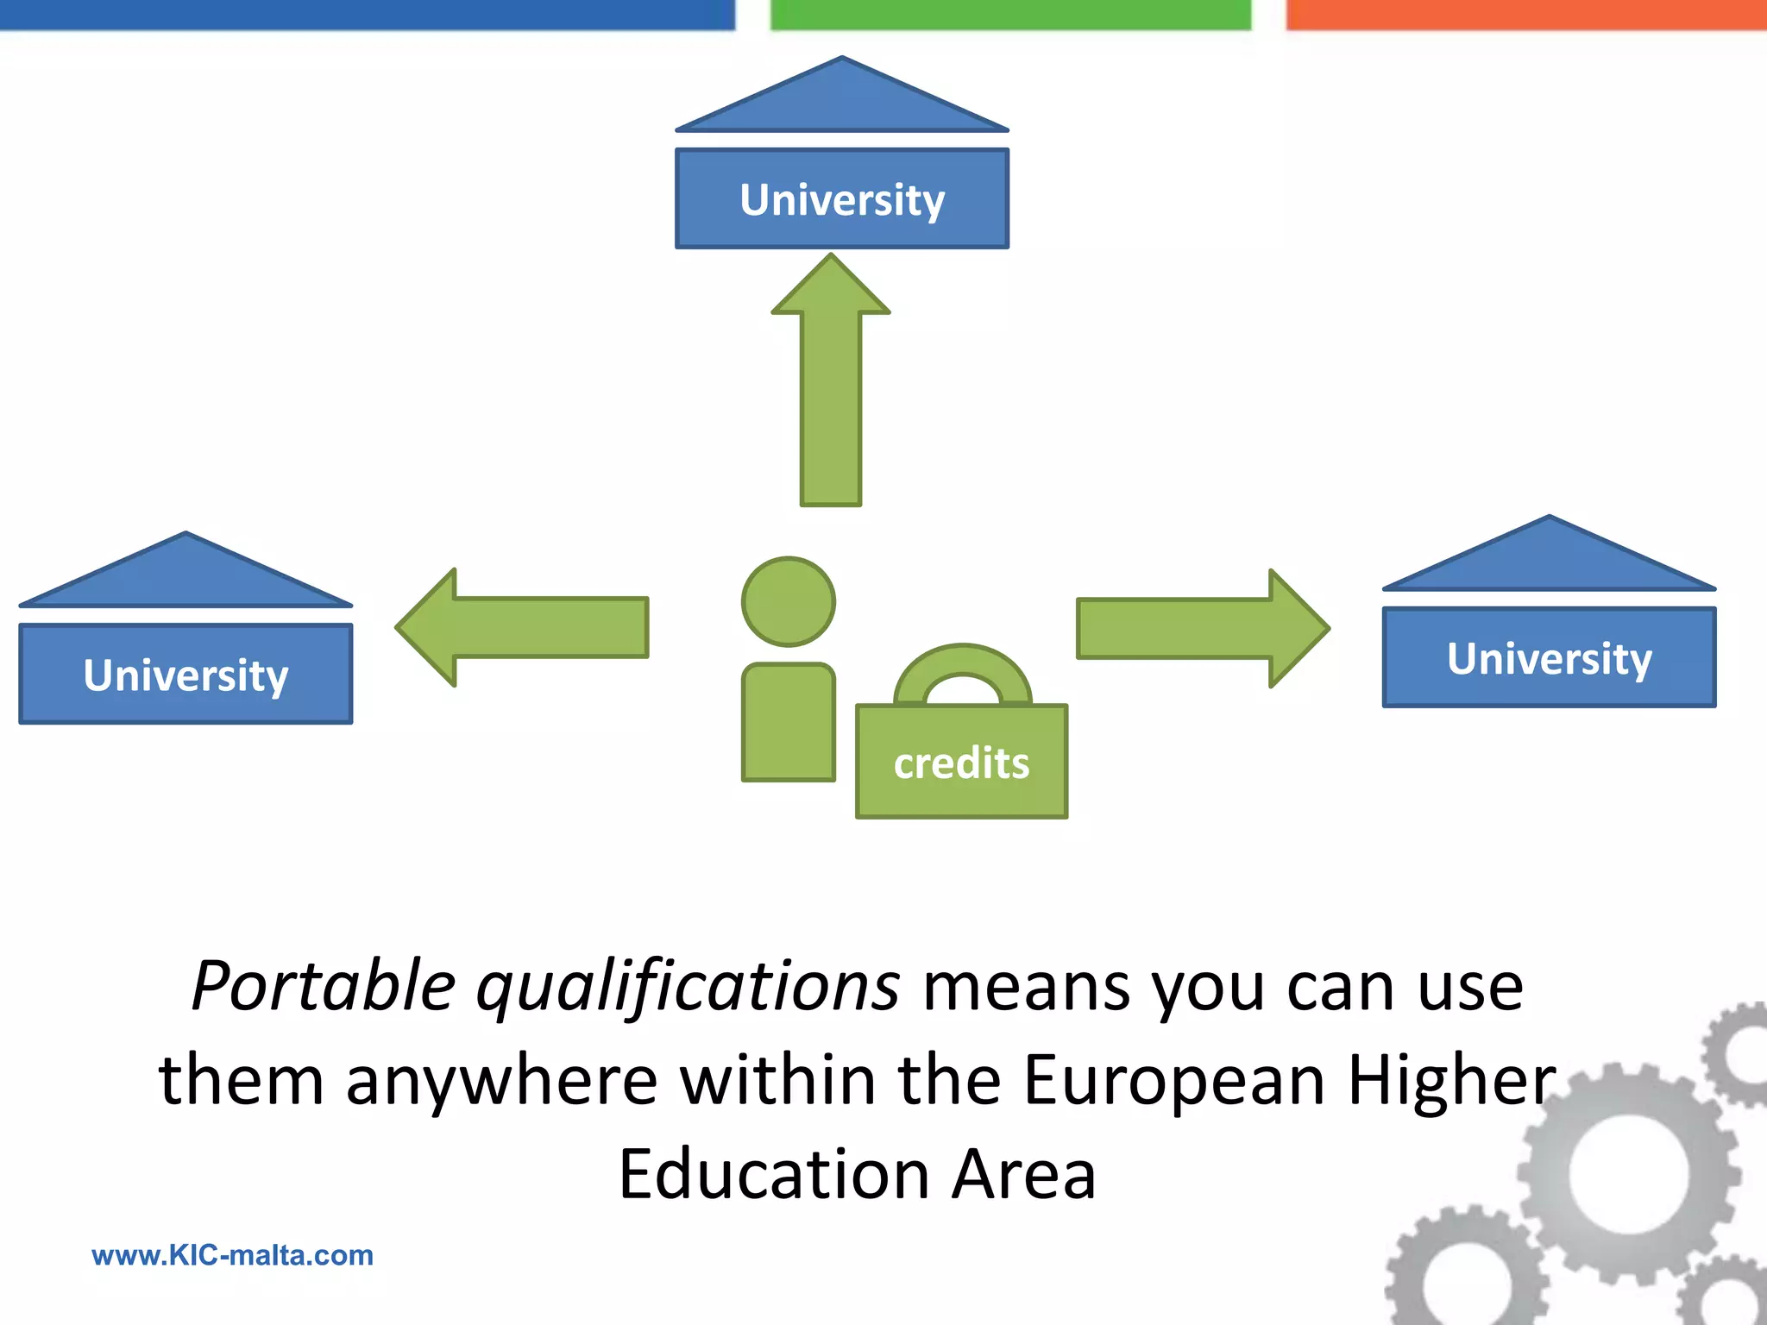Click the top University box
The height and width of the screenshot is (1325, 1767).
841,199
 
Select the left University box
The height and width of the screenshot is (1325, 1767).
186,674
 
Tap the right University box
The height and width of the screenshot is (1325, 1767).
1549,657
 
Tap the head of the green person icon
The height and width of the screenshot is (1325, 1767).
789,601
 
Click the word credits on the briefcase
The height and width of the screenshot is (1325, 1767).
961,763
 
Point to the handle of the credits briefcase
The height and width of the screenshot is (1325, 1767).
962,669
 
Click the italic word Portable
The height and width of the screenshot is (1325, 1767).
323,986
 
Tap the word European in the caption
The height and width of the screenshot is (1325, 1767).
1173,1082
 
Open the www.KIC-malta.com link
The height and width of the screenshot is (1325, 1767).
232,1255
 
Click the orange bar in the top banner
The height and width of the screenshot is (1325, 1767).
1525,15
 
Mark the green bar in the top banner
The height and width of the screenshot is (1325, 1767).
1009,15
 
